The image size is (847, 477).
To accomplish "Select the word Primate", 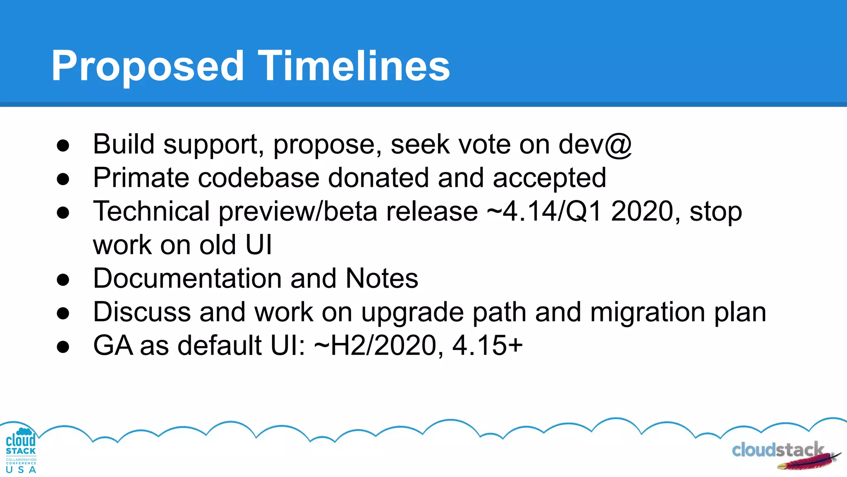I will point(141,178).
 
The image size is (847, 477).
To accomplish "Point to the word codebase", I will point(258,178).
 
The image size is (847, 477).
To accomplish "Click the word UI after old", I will point(258,245).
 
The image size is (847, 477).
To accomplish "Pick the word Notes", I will point(381,278).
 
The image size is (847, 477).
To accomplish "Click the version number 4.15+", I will point(488,345).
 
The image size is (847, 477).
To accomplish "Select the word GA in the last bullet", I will point(112,345).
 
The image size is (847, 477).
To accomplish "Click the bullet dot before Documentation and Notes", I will point(63,280).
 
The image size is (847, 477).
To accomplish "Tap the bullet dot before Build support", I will point(63,146).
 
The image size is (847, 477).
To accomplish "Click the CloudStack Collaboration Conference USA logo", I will point(21,451).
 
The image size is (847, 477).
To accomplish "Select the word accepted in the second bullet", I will point(549,178).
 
